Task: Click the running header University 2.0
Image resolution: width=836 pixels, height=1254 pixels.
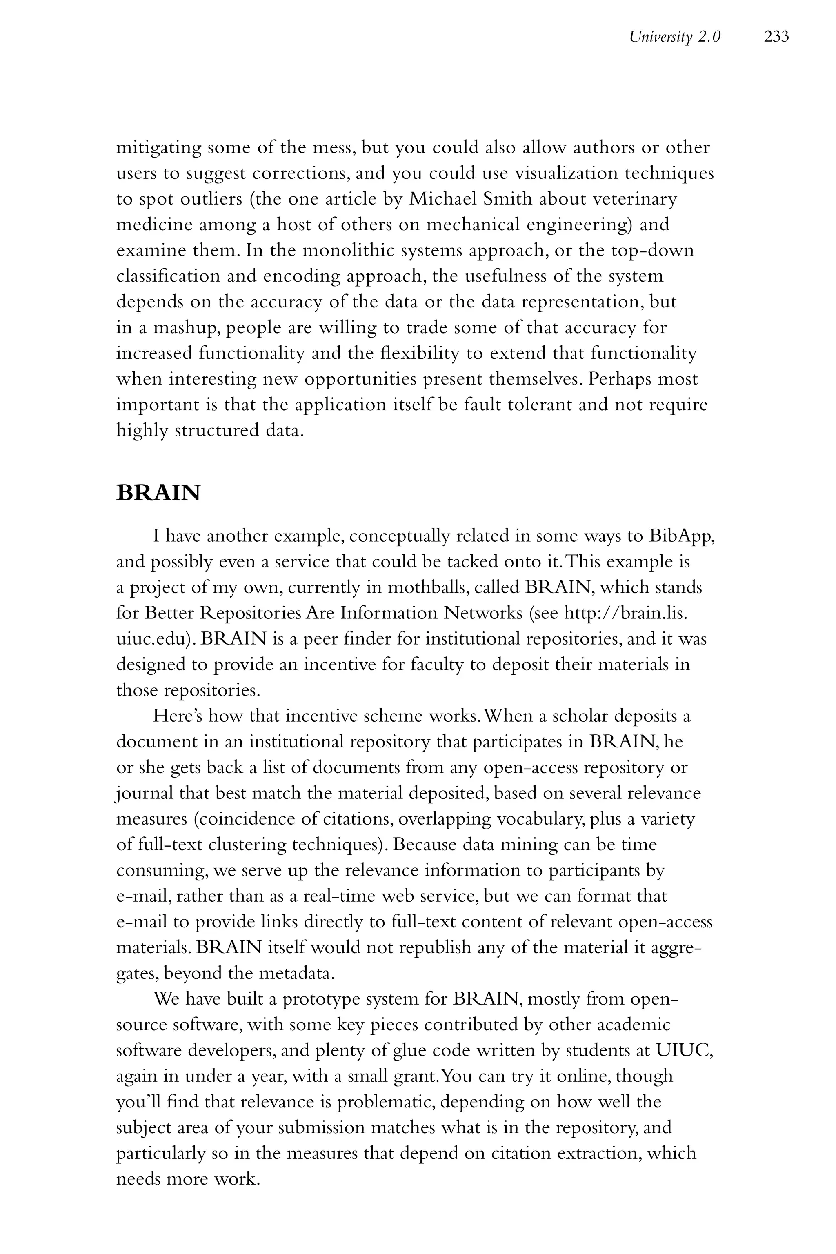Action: click(x=674, y=37)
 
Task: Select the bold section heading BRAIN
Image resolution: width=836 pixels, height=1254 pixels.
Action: click(x=158, y=493)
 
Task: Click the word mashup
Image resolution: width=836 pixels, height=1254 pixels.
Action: click(x=187, y=327)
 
